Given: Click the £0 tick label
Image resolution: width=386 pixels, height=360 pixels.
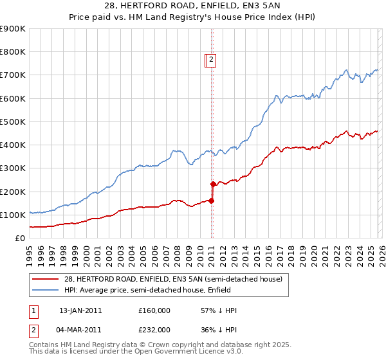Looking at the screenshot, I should [x=19, y=239].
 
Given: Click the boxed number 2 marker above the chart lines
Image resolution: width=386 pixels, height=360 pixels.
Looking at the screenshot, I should [x=211, y=60].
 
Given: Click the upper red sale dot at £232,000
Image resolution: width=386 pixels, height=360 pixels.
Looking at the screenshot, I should [x=213, y=184].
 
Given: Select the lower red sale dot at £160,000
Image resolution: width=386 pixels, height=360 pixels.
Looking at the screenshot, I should [x=212, y=201].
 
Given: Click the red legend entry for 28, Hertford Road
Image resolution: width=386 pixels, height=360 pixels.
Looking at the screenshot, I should [x=172, y=279].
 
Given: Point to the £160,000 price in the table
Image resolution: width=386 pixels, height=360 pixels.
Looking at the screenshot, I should [x=154, y=310].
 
